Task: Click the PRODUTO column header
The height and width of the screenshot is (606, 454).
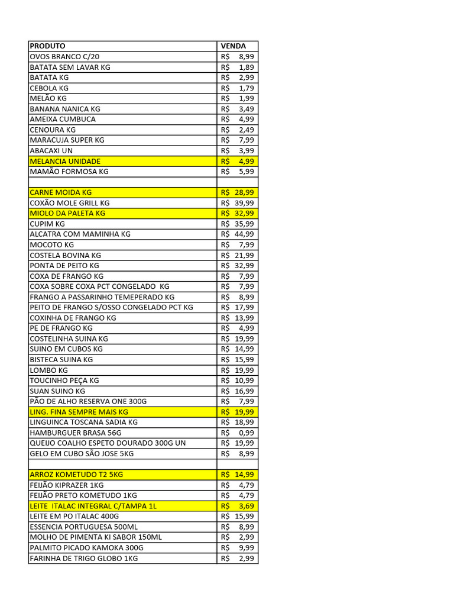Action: point(47,46)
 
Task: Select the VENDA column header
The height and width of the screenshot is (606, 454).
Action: point(233,46)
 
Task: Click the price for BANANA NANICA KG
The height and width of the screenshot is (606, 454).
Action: point(238,109)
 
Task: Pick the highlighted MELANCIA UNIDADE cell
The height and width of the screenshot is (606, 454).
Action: point(65,161)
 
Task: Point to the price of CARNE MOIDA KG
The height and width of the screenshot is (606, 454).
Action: point(238,192)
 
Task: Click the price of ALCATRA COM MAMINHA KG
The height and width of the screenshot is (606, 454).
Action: point(238,234)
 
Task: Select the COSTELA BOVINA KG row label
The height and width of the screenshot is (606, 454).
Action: point(65,255)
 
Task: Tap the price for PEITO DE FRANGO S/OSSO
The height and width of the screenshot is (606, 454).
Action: point(238,307)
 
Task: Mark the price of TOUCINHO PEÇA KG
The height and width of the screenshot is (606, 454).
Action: point(238,381)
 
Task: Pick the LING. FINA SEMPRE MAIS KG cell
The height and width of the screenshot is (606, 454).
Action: point(79,412)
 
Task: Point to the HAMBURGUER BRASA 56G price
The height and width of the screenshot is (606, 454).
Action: point(238,433)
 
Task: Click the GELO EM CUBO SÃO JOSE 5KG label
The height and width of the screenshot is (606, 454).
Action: point(82,453)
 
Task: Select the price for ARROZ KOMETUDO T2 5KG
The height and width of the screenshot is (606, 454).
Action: point(238,475)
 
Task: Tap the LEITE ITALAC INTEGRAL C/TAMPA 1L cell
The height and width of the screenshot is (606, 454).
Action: point(93,506)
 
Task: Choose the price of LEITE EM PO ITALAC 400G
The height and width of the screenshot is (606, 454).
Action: point(238,516)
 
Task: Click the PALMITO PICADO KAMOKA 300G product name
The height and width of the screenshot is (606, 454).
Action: point(86,547)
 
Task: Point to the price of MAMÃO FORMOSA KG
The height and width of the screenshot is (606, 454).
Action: point(238,172)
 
